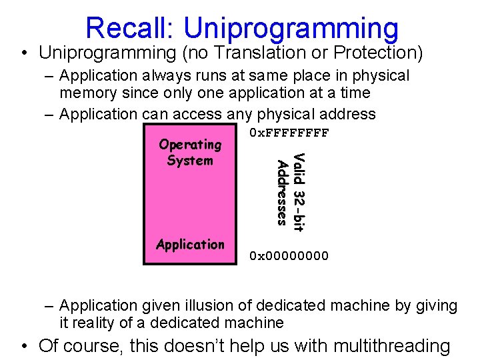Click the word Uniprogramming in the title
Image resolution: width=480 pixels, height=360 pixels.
[x=291, y=28]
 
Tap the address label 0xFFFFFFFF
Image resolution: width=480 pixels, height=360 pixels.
[x=289, y=133]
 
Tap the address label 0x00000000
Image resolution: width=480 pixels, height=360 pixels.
[x=289, y=255]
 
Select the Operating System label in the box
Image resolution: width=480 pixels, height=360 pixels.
[x=190, y=153]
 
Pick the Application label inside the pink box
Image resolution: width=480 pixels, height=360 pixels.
[x=190, y=245]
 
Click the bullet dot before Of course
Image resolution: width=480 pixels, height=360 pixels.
[x=24, y=346]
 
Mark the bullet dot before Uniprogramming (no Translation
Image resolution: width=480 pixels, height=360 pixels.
[x=24, y=52]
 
